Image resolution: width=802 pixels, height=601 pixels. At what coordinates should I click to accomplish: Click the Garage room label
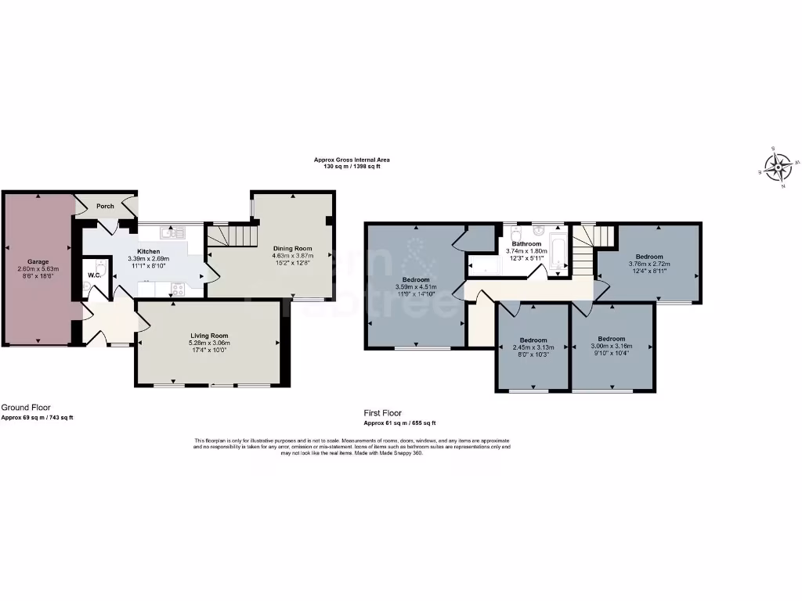39,261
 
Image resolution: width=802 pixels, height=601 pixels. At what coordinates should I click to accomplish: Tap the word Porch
105,207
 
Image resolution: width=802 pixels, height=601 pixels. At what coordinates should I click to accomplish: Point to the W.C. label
94,275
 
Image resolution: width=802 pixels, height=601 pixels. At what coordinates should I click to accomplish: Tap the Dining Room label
292,249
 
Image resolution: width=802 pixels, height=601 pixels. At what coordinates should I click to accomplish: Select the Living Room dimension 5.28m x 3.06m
208,343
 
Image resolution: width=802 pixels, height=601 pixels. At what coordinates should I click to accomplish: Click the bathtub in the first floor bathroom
558,250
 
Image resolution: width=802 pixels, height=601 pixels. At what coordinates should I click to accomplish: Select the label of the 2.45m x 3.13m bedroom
533,340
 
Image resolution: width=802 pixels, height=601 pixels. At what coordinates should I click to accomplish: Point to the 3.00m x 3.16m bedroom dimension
612,347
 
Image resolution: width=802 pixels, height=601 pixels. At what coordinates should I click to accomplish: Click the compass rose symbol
779,167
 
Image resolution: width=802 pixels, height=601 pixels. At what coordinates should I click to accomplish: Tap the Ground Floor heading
26,408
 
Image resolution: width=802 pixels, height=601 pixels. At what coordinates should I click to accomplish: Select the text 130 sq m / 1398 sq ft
352,167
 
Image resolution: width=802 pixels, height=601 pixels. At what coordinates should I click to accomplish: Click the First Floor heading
382,412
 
